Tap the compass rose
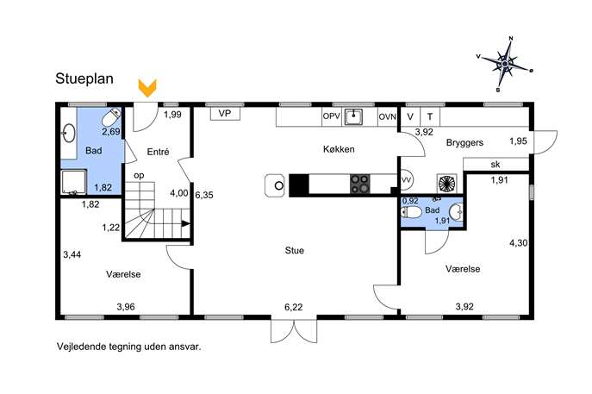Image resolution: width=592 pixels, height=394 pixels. point(505,64)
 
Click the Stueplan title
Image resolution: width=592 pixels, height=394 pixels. point(84,78)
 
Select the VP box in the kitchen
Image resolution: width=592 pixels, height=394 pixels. point(225,114)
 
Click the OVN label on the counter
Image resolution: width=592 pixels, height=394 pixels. point(388,116)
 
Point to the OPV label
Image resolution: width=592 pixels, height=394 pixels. point(332,116)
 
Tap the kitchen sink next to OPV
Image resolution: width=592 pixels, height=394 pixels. point(353,116)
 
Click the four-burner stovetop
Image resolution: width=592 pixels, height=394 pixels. point(359,184)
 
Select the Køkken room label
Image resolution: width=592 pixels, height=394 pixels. point(339,149)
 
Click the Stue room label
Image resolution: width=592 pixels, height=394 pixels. point(295,250)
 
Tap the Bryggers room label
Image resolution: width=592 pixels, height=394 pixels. point(464,143)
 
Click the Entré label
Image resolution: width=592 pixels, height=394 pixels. point(158,152)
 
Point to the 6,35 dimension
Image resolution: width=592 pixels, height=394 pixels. point(204,195)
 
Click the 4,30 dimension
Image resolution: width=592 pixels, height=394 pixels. point(519,243)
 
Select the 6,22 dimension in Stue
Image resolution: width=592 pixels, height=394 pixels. point(293,307)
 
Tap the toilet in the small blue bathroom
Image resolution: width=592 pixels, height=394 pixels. point(411,212)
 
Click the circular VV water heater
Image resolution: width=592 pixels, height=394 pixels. point(407,180)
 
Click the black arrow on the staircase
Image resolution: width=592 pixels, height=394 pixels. point(185,223)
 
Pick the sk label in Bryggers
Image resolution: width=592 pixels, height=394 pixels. point(495,165)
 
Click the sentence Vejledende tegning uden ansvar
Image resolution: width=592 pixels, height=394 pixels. point(128,347)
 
